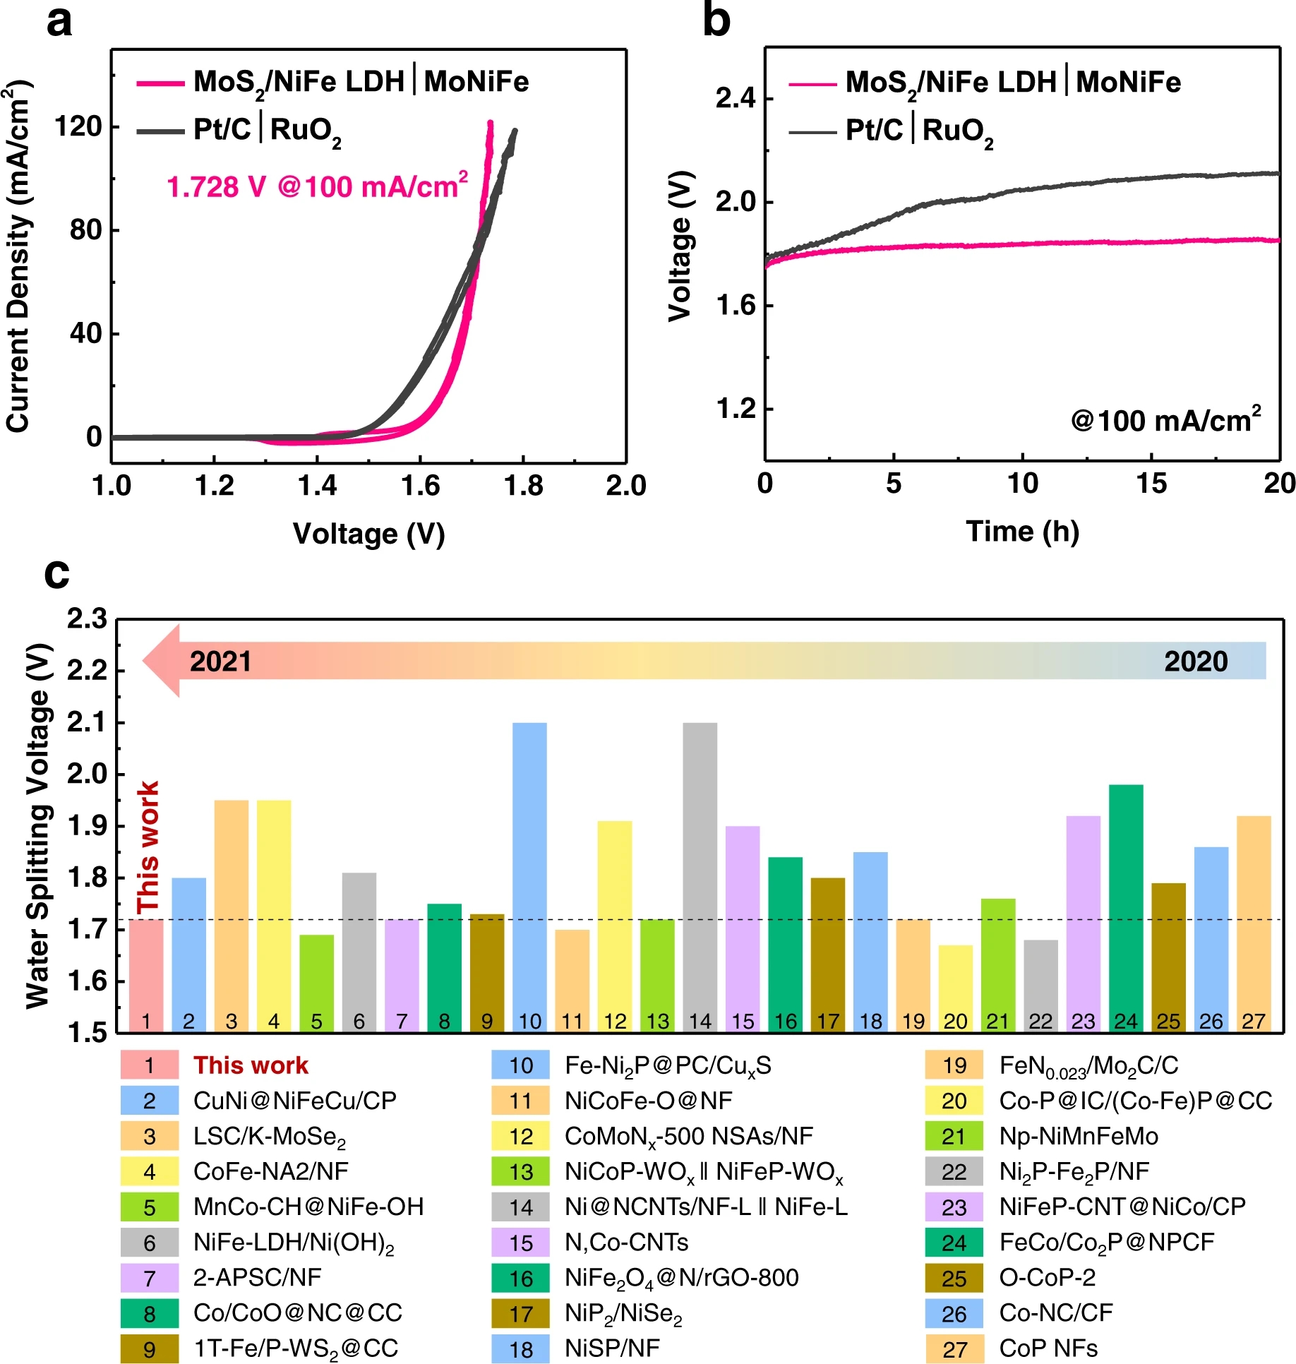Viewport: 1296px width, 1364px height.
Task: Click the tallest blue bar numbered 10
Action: coord(529,875)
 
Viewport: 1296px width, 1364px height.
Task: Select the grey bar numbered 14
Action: coord(700,875)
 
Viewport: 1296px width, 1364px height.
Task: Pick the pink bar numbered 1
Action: coord(146,974)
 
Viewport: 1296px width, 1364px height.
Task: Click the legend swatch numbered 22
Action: coord(954,1172)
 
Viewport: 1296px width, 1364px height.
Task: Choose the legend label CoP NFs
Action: coord(1048,1348)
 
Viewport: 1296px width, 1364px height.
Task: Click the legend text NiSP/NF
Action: coord(612,1348)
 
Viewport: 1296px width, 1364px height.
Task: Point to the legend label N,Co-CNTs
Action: coord(626,1243)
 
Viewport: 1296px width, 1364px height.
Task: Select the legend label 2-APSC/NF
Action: coord(257,1278)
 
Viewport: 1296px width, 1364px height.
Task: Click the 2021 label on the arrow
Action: coord(220,662)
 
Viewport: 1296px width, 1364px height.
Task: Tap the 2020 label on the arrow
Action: coord(1196,662)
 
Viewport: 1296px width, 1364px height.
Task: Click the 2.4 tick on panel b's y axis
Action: coord(735,98)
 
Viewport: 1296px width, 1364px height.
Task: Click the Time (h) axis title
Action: coord(1022,531)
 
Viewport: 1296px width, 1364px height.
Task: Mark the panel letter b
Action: coord(716,21)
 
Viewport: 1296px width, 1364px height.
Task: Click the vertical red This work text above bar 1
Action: coord(148,846)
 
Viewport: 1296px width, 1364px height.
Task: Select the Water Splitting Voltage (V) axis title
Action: coord(39,826)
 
